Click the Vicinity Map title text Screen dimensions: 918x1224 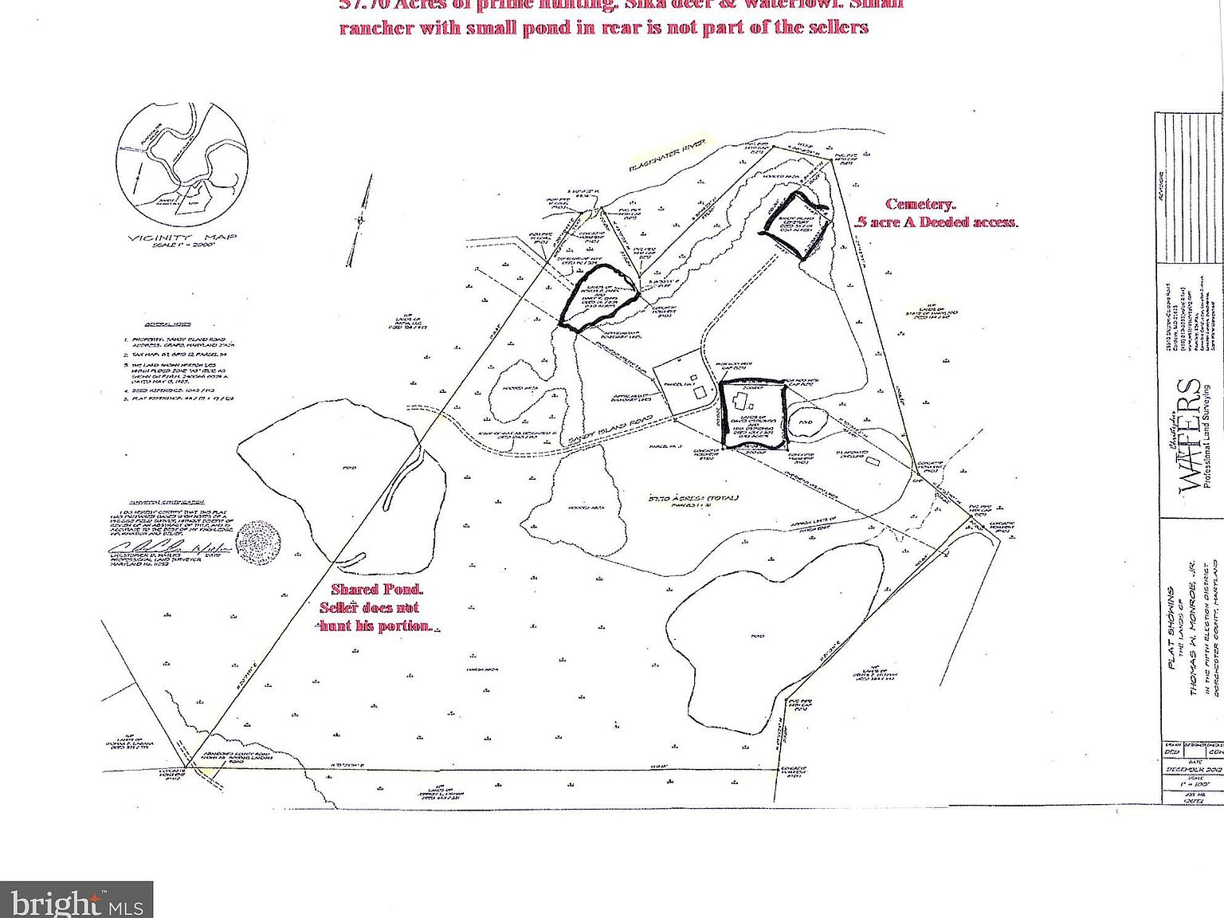(x=182, y=237)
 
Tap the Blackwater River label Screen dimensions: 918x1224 (x=668, y=156)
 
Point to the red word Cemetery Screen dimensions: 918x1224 (x=920, y=205)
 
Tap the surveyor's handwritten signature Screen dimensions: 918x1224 (x=167, y=548)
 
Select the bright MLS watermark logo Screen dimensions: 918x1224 (x=76, y=900)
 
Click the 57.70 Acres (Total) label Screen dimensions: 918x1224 (x=692, y=498)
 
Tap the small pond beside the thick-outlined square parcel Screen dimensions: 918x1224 (x=806, y=422)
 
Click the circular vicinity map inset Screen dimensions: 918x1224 (x=182, y=169)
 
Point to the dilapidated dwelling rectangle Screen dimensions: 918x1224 (x=873, y=461)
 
